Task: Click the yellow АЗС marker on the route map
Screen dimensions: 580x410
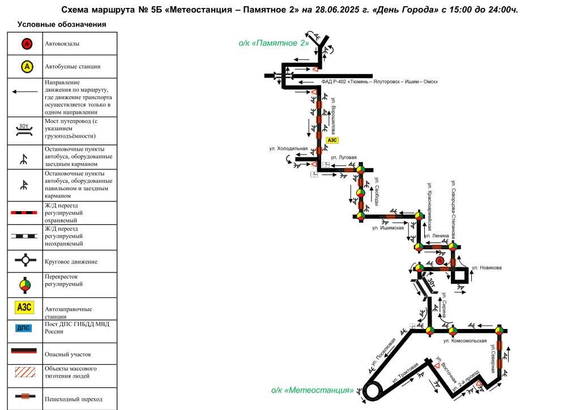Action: click(x=332, y=140)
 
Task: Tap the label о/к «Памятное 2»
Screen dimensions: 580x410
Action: click(x=274, y=43)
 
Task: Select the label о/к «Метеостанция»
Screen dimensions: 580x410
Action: click(x=313, y=390)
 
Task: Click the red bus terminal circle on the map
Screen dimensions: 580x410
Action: click(x=440, y=260)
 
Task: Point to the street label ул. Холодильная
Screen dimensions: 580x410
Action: click(x=288, y=148)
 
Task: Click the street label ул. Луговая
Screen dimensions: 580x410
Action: click(x=344, y=157)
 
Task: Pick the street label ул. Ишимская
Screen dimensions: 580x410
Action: click(x=387, y=228)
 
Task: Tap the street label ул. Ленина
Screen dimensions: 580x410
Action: click(x=436, y=236)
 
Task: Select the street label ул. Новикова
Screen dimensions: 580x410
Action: click(x=487, y=268)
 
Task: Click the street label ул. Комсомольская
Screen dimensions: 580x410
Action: click(x=465, y=341)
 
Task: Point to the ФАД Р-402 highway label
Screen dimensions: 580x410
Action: click(x=379, y=82)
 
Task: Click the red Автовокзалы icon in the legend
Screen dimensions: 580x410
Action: click(x=27, y=44)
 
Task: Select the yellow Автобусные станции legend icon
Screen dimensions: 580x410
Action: click(x=27, y=67)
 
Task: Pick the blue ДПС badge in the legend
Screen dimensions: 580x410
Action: click(x=23, y=328)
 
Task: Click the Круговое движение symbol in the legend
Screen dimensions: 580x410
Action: click(x=25, y=260)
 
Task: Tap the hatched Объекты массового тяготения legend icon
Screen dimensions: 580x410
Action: click(x=25, y=372)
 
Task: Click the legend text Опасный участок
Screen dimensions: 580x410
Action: click(x=68, y=354)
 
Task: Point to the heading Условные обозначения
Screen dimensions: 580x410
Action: click(x=62, y=24)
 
